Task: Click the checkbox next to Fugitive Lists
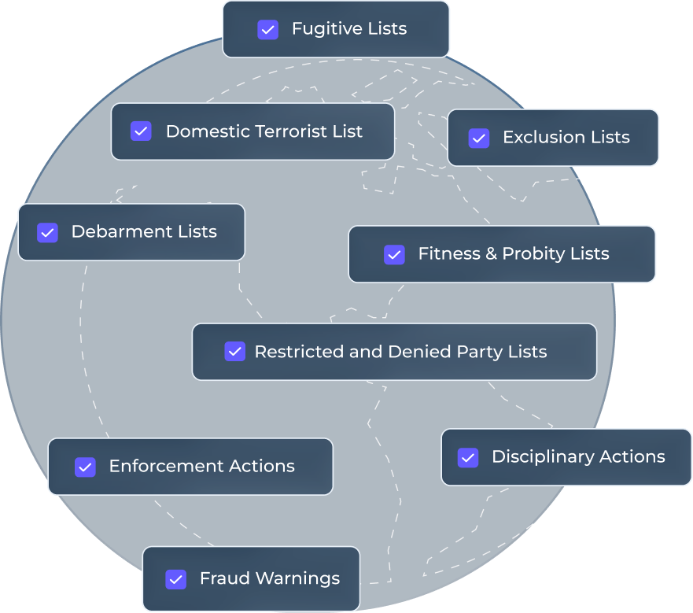tap(267, 30)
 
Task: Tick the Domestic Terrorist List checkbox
tap(141, 131)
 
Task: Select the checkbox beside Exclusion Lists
tap(478, 138)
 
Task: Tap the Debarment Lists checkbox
tap(47, 232)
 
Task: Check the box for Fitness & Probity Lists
tap(394, 254)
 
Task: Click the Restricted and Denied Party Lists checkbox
tap(234, 352)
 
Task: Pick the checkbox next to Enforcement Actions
tap(85, 467)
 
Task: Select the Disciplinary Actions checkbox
tap(468, 457)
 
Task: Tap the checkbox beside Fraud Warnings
tap(175, 579)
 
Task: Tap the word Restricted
tap(300, 352)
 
